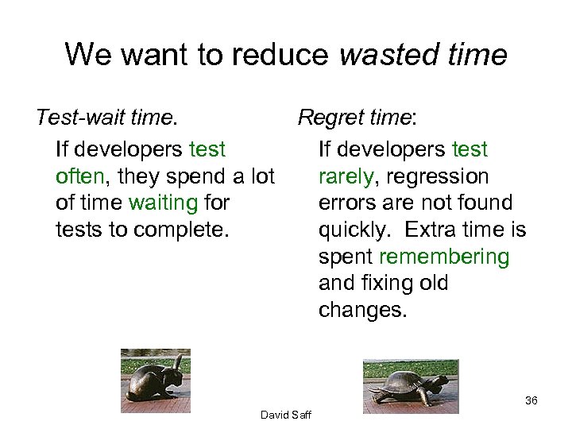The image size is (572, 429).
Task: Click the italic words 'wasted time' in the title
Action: click(x=423, y=55)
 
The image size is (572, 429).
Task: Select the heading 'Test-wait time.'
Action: click(x=106, y=118)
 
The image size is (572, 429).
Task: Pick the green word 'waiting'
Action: click(x=162, y=203)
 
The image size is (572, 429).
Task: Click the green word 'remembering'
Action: click(x=444, y=257)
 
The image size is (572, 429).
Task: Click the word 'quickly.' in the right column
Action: click(x=354, y=230)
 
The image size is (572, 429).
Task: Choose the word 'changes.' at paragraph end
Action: click(x=362, y=311)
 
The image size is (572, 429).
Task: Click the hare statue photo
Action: click(x=156, y=381)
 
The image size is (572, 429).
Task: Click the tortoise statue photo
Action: click(x=411, y=386)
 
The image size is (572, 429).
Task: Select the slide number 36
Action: click(x=531, y=400)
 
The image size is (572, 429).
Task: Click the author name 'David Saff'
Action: click(x=286, y=415)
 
